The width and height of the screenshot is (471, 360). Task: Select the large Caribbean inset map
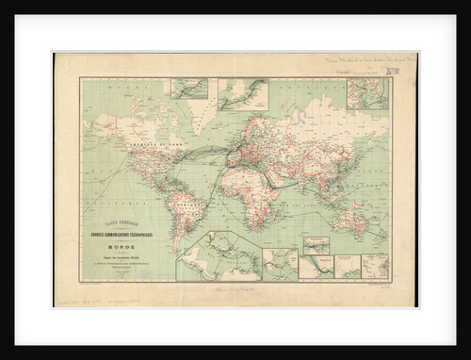click(219, 256)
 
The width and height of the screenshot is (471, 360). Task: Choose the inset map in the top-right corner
click(367, 94)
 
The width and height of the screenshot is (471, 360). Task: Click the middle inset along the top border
click(243, 93)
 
